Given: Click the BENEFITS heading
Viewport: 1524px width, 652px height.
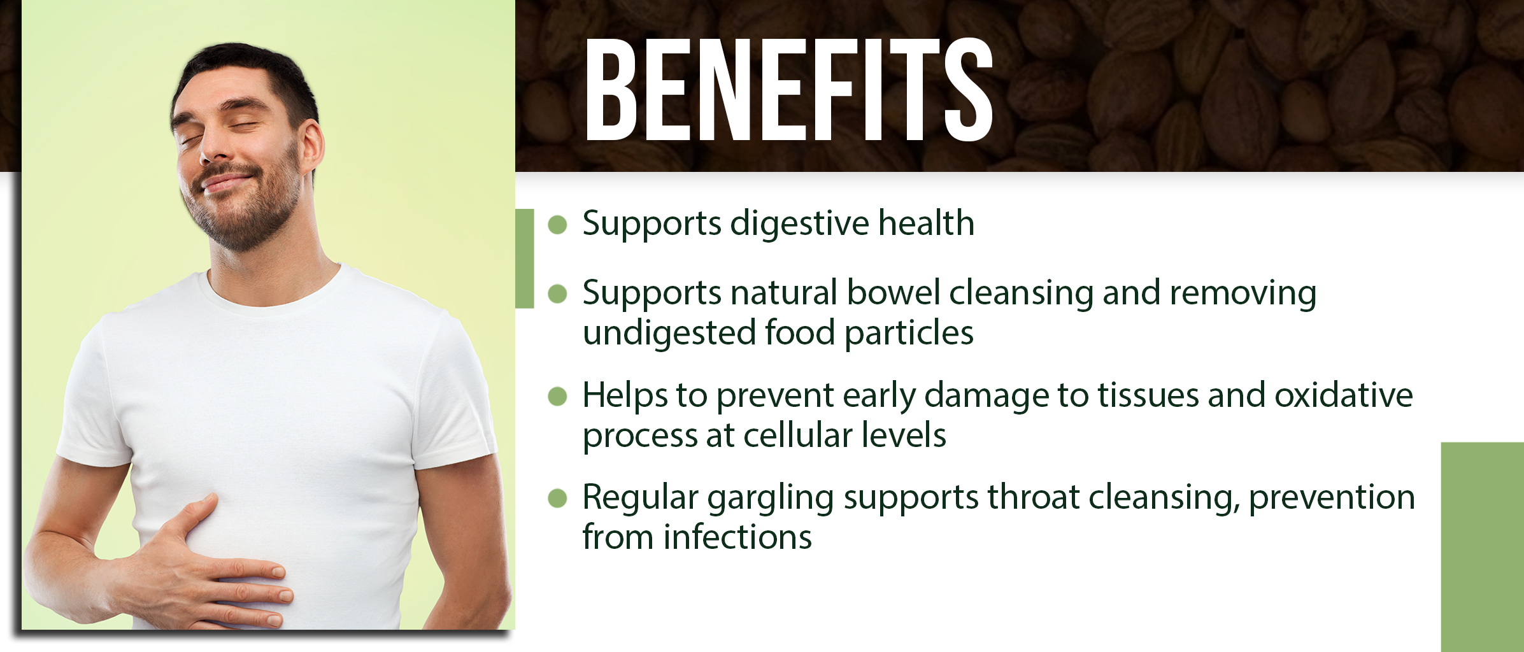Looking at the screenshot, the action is pos(789,89).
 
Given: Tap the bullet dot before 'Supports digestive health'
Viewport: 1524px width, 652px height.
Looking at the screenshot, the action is pos(557,225).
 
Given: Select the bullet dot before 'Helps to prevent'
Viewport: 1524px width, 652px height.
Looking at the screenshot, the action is pos(557,396).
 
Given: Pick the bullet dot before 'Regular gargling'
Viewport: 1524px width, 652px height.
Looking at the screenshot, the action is pos(557,498).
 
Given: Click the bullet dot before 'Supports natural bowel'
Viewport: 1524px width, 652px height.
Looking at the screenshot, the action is pos(557,294).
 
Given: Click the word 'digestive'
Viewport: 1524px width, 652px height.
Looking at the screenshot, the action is pos(799,224).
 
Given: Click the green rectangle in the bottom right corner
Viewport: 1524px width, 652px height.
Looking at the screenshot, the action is pos(1483,547).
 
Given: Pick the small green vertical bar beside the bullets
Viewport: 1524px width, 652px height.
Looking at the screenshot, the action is pos(525,259).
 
